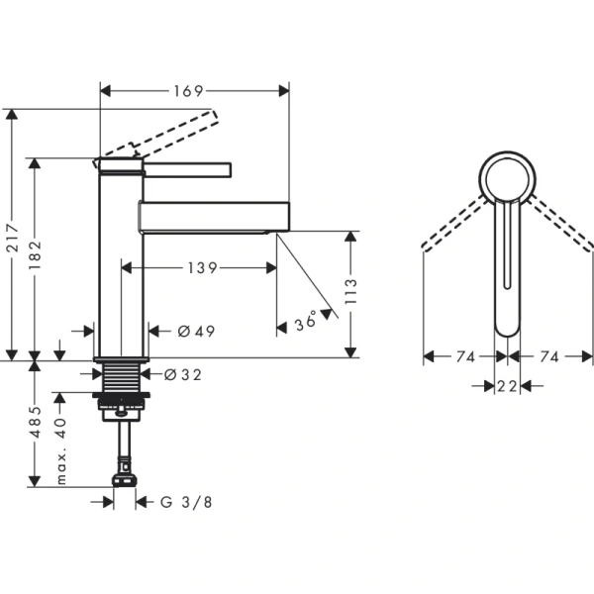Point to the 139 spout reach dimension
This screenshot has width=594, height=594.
(202, 267)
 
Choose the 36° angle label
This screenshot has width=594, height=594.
(308, 321)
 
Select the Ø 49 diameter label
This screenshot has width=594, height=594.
(196, 331)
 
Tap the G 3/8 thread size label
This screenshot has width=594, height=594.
(186, 502)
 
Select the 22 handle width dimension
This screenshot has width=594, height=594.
(507, 387)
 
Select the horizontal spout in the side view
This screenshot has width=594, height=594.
(213, 216)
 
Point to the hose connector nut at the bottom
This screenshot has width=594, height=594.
(124, 479)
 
